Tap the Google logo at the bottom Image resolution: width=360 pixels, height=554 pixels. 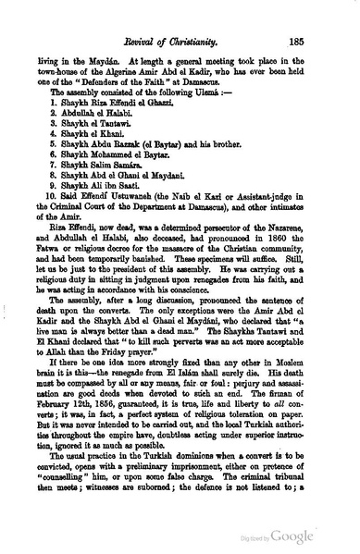pos(319,536)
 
